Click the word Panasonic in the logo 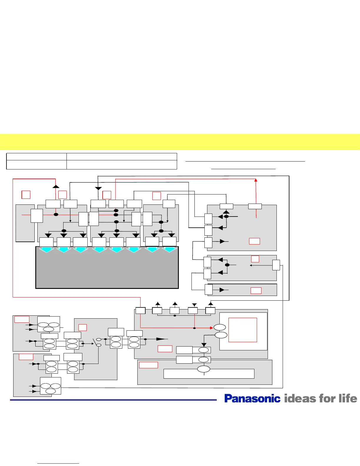coord(252,399)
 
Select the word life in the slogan coord(348,399)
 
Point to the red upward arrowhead coord(256,180)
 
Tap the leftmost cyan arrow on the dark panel coord(46,250)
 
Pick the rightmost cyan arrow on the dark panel coord(169,250)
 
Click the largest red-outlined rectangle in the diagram coord(243,330)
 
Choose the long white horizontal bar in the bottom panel coord(209,374)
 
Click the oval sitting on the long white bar coord(204,369)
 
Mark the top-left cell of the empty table coord(36,157)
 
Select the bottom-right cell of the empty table coord(121,165)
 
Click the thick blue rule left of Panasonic coord(113,400)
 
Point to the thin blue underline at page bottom coord(58,464)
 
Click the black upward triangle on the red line coord(56,186)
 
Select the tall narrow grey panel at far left coord(25,223)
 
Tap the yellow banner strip coord(180,142)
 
